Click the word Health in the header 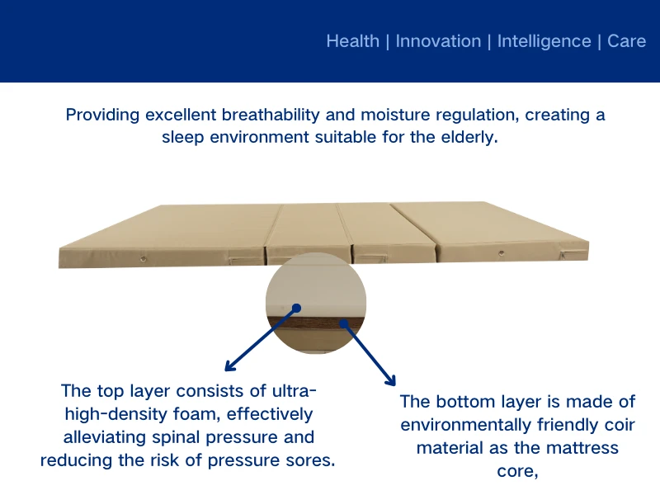click(352, 41)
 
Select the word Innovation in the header click(438, 41)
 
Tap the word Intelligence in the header click(544, 41)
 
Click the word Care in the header click(626, 41)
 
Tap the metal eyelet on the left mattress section click(143, 258)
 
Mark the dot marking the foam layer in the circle click(296, 308)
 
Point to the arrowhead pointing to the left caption click(229, 366)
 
